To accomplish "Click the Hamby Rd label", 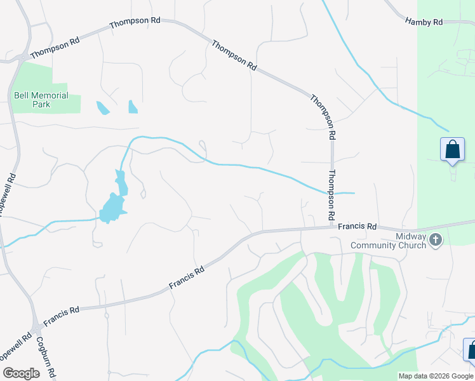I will tap(424, 22).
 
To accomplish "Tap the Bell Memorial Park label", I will tap(41, 100).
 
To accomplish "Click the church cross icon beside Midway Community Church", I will tap(436, 240).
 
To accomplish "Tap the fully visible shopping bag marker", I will tap(452, 150).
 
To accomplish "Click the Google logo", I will tap(21, 373).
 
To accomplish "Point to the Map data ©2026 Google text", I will tap(436, 376).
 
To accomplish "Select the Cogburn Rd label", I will tap(46, 356).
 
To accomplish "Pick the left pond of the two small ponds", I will tap(103, 108).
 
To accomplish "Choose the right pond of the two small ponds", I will tap(133, 107).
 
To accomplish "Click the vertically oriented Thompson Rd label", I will tap(331, 195).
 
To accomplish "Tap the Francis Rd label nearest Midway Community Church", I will tap(357, 226).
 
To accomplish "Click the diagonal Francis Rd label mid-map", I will tap(187, 278).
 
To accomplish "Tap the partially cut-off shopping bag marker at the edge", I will tap(471, 349).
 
